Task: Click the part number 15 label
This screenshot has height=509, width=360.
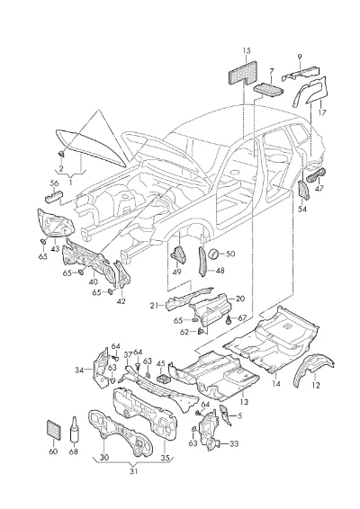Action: [247, 50]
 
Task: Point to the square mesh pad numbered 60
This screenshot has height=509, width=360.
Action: [54, 430]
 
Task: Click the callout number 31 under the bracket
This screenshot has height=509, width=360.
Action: [133, 471]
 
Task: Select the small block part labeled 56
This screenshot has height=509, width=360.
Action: [53, 196]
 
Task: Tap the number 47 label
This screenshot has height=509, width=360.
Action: [319, 188]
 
